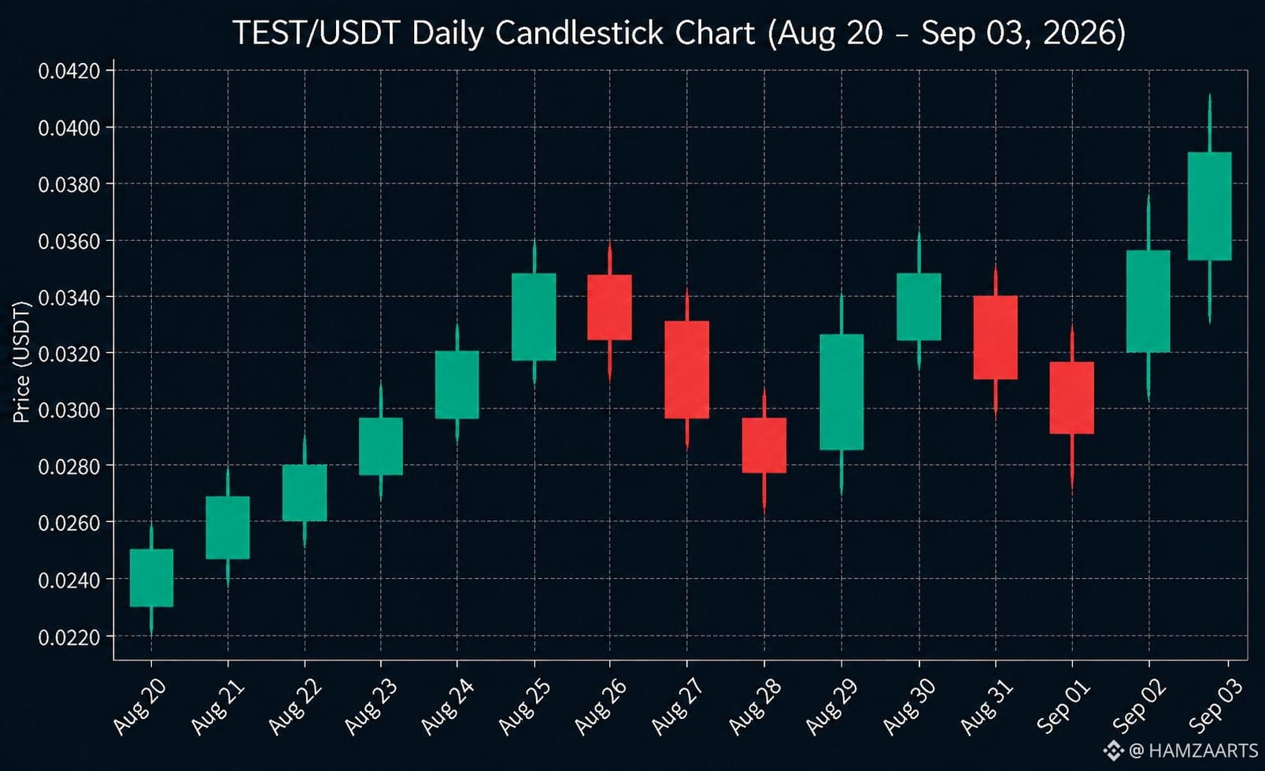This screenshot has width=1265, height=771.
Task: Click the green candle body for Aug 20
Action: pos(151,578)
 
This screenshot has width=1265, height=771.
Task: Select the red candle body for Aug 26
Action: pos(609,307)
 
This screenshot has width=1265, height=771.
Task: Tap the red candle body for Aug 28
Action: pos(764,445)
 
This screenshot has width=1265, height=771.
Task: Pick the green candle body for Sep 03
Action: pos(1210,206)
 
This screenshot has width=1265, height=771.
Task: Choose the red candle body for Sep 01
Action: pos(1072,398)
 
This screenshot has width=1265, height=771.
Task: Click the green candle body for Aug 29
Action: pos(841,392)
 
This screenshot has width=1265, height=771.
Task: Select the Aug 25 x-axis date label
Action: pos(523,707)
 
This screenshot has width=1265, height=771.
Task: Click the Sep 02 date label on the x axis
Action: pos(1138,707)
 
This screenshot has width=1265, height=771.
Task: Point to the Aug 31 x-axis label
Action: pos(986,707)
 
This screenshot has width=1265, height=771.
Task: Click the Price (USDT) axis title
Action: pos(21,362)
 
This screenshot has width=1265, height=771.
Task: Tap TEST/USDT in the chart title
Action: pos(316,33)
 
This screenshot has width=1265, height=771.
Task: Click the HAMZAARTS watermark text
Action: pos(1203,751)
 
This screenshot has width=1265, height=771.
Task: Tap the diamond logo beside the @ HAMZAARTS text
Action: pos(1113,751)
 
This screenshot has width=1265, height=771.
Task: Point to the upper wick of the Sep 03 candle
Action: pos(1210,123)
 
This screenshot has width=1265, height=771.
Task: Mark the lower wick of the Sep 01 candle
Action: pos(1072,463)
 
